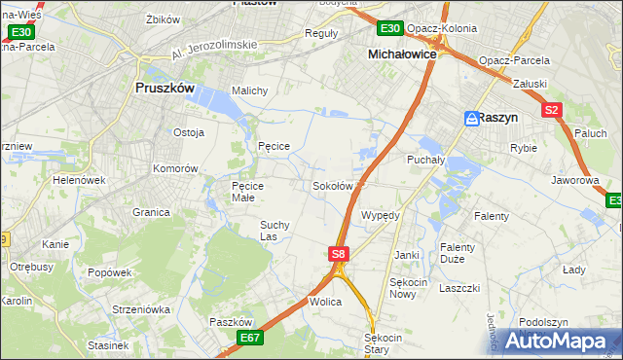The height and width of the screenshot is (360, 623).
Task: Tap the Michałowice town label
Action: [x=405, y=55]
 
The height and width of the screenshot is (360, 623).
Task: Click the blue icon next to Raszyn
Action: [x=471, y=118]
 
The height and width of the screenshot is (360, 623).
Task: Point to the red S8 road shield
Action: [x=337, y=254]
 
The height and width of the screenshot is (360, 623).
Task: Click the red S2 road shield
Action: [x=552, y=110]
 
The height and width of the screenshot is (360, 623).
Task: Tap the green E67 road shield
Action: [x=250, y=338]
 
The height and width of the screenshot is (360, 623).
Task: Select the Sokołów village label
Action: [x=332, y=185]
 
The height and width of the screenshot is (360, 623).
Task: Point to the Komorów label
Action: [x=175, y=168]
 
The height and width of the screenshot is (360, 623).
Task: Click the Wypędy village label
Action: [x=381, y=215]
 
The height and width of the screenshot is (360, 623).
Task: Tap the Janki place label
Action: [x=406, y=255]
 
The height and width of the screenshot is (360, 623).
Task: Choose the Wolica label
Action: [x=326, y=303]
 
